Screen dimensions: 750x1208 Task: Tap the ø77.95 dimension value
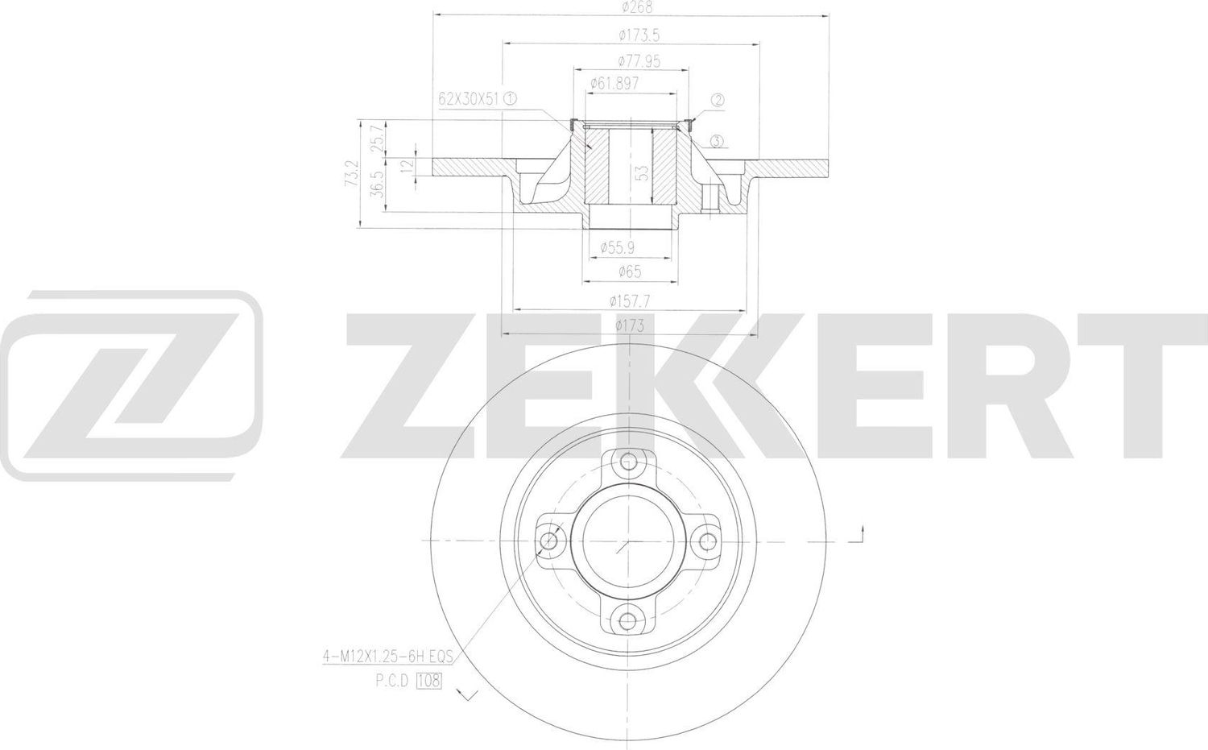639,60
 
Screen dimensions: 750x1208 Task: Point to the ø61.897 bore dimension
614,83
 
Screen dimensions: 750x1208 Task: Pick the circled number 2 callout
718,101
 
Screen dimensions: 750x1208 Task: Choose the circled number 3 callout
718,142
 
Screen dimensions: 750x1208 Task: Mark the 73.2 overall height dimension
351,174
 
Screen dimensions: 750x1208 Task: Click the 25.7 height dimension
376,139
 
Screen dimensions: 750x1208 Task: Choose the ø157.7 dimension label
630,300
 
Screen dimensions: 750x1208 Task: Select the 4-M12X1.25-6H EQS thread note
388,658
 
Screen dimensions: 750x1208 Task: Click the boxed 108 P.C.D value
429,681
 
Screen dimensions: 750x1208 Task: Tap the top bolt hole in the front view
627,462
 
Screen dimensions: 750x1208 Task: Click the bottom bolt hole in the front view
627,620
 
